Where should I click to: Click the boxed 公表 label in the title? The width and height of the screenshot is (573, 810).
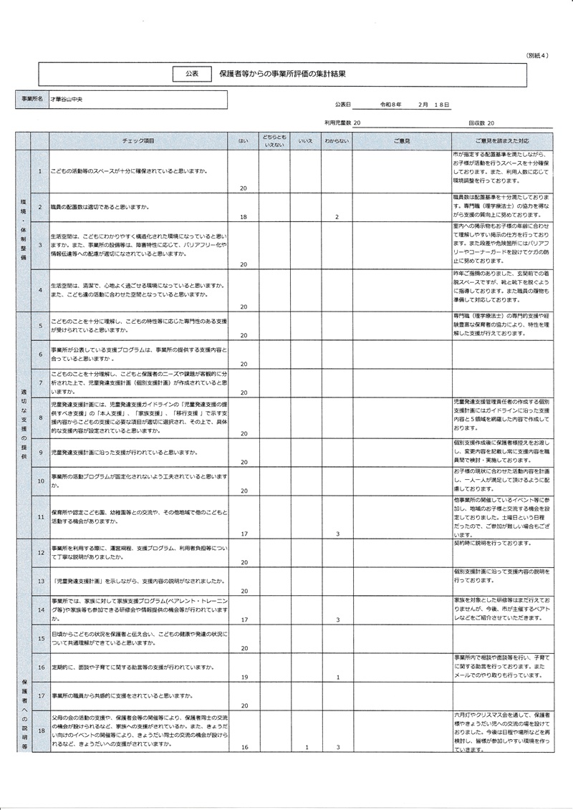click(x=192, y=73)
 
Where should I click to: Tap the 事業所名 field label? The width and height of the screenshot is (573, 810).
click(x=32, y=98)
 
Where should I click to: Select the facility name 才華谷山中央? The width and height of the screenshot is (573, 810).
click(x=67, y=98)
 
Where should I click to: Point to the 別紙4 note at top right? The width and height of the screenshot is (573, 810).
click(x=537, y=55)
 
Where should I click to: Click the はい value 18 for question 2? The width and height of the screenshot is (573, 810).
click(x=244, y=216)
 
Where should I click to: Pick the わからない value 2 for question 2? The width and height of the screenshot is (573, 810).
click(x=336, y=216)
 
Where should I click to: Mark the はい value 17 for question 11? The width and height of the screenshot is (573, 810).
click(x=244, y=534)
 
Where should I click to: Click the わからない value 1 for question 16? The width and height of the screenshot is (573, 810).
click(x=337, y=677)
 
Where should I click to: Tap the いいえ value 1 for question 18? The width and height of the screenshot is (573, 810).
click(x=306, y=748)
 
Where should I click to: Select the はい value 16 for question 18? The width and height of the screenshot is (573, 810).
click(x=244, y=748)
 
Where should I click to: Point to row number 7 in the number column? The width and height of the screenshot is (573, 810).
click(x=41, y=382)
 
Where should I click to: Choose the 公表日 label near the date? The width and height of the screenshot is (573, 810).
click(x=343, y=105)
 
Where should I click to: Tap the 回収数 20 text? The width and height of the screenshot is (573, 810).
click(x=481, y=123)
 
